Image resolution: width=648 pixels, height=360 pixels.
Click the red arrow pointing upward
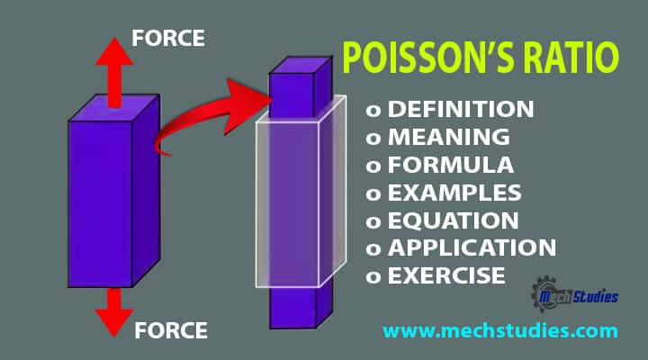pos(114,72)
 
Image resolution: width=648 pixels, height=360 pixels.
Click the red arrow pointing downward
pos(114,312)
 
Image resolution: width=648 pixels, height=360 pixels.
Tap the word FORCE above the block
pos(168,39)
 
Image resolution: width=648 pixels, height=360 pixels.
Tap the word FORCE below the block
pos(171,330)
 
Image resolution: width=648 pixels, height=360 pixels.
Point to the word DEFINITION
pos(461,109)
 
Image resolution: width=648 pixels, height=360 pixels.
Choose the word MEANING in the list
pos(449,137)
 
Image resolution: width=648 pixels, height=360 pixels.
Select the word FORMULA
pos(451,165)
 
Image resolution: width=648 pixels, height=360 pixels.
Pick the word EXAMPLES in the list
pos(454,193)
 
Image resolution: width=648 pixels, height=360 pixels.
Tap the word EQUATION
pos(454,220)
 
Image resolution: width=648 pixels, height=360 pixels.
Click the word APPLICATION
pos(472,247)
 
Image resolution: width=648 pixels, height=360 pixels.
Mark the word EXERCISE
pos(446,275)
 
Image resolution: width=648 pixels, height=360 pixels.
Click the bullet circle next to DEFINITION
pos(373,111)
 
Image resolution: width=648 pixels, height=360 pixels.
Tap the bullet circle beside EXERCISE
pos(373,277)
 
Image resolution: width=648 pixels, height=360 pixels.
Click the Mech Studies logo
pos(574,294)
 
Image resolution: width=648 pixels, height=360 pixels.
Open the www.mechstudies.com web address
pos(500,331)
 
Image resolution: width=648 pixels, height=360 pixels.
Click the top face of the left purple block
pos(114,108)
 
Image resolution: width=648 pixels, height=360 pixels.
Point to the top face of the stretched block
pos(301,66)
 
